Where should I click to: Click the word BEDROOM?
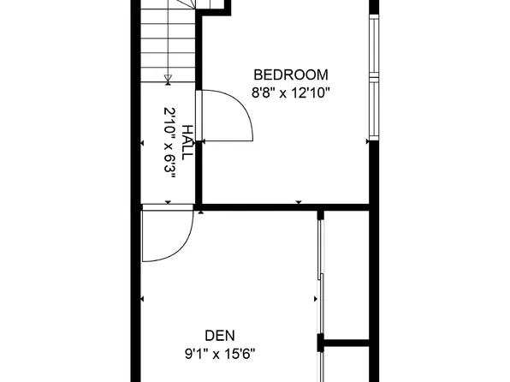290,75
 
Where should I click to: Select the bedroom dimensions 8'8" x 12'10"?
290,91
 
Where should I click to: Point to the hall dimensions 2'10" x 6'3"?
169,141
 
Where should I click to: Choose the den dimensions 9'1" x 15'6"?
220,351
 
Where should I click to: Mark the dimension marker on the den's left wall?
141,300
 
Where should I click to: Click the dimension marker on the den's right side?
312,300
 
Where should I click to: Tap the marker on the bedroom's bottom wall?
298,201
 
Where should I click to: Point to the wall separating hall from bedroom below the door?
199,171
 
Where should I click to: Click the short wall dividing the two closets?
347,343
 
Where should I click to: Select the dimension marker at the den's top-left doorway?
167,202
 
